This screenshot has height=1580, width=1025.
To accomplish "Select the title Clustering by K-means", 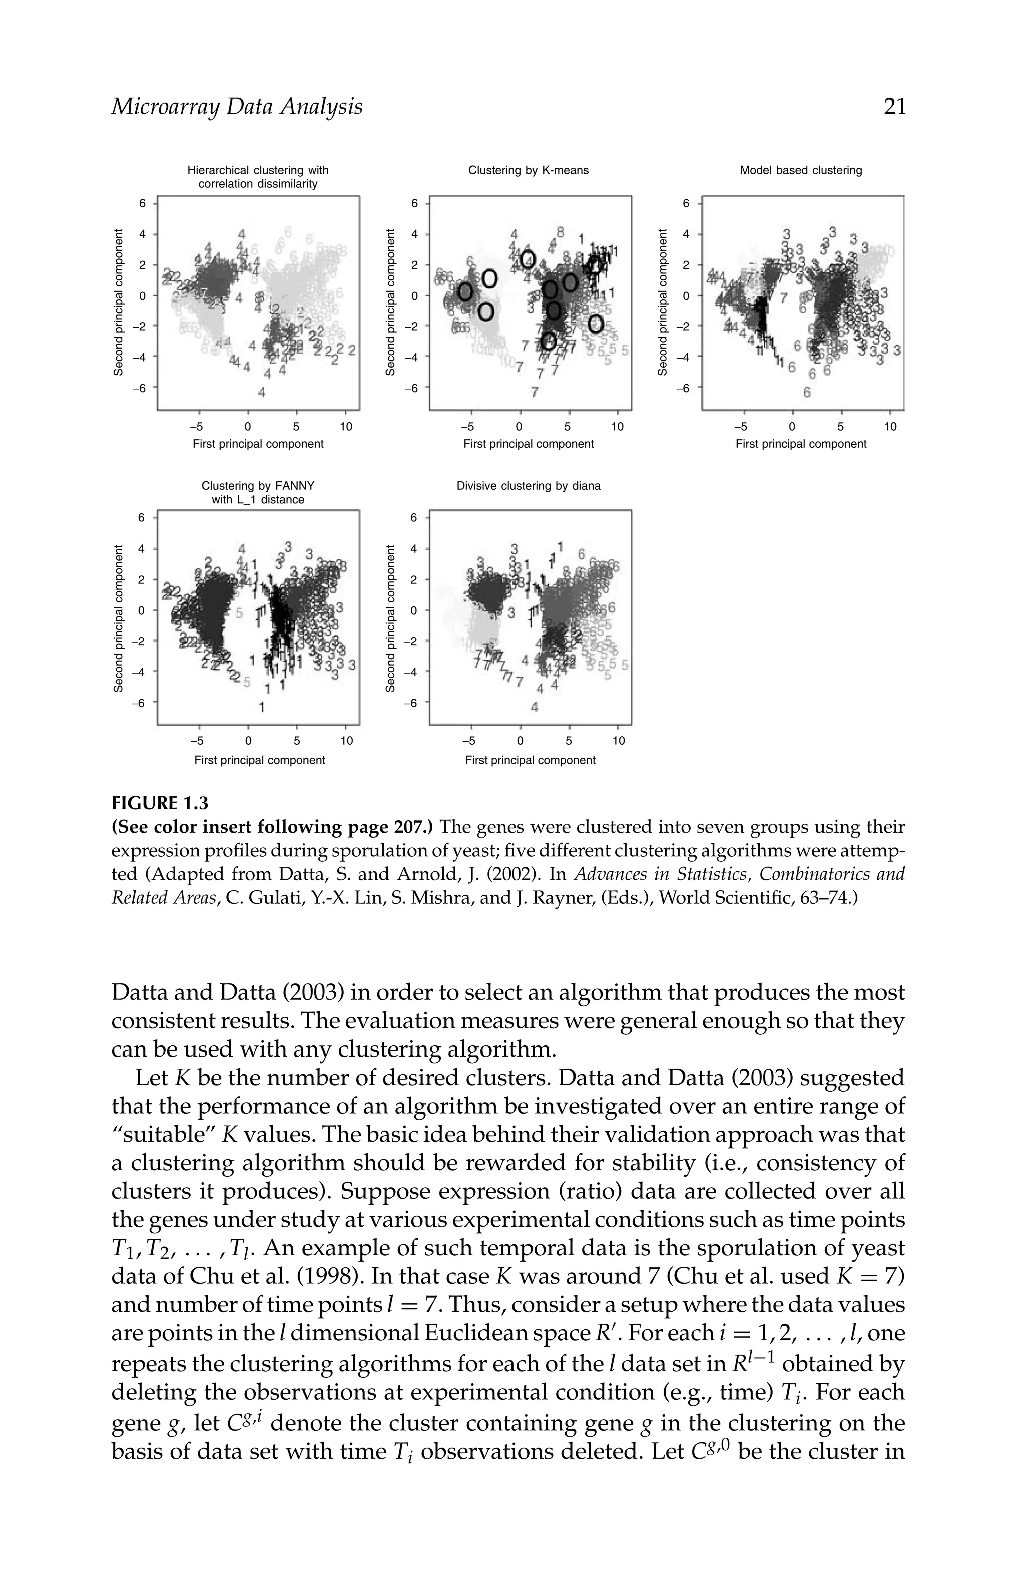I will point(528,170).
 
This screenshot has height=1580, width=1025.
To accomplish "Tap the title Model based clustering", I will point(801,170).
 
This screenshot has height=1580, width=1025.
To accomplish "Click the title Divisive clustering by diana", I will point(528,486).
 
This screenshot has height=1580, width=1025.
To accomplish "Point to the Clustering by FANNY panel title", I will point(258,492).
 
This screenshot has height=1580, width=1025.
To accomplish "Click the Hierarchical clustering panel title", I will point(258,177).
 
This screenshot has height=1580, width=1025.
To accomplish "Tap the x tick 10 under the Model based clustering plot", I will point(890,427).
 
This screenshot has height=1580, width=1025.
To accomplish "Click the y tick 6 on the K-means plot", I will point(414,203).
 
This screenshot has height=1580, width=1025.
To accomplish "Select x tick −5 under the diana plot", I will point(468,741).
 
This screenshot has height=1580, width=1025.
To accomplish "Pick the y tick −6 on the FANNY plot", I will point(140,702).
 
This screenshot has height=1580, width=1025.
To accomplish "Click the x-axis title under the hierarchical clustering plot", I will point(258,444).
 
